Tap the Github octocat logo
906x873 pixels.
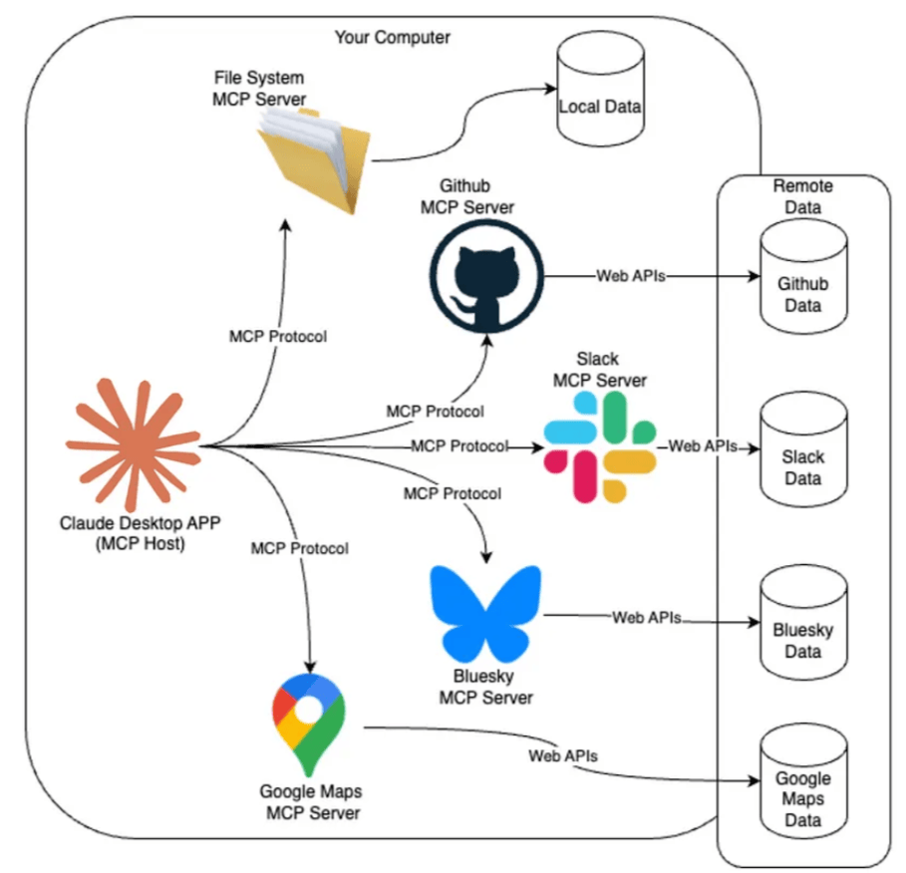[487, 275]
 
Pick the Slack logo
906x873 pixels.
[600, 445]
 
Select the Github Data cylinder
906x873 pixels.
[802, 282]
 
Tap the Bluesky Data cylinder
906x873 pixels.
[802, 628]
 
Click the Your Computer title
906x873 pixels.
[392, 38]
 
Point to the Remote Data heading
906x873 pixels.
[802, 197]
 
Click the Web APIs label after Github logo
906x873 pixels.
[630, 275]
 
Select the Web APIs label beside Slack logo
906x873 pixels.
[703, 446]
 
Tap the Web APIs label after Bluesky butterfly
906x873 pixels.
[646, 618]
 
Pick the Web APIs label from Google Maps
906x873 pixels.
[563, 755]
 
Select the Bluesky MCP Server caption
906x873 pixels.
[485, 687]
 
